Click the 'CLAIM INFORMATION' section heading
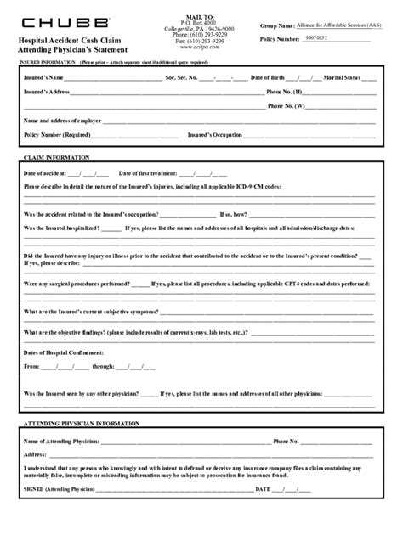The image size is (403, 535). (52, 158)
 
